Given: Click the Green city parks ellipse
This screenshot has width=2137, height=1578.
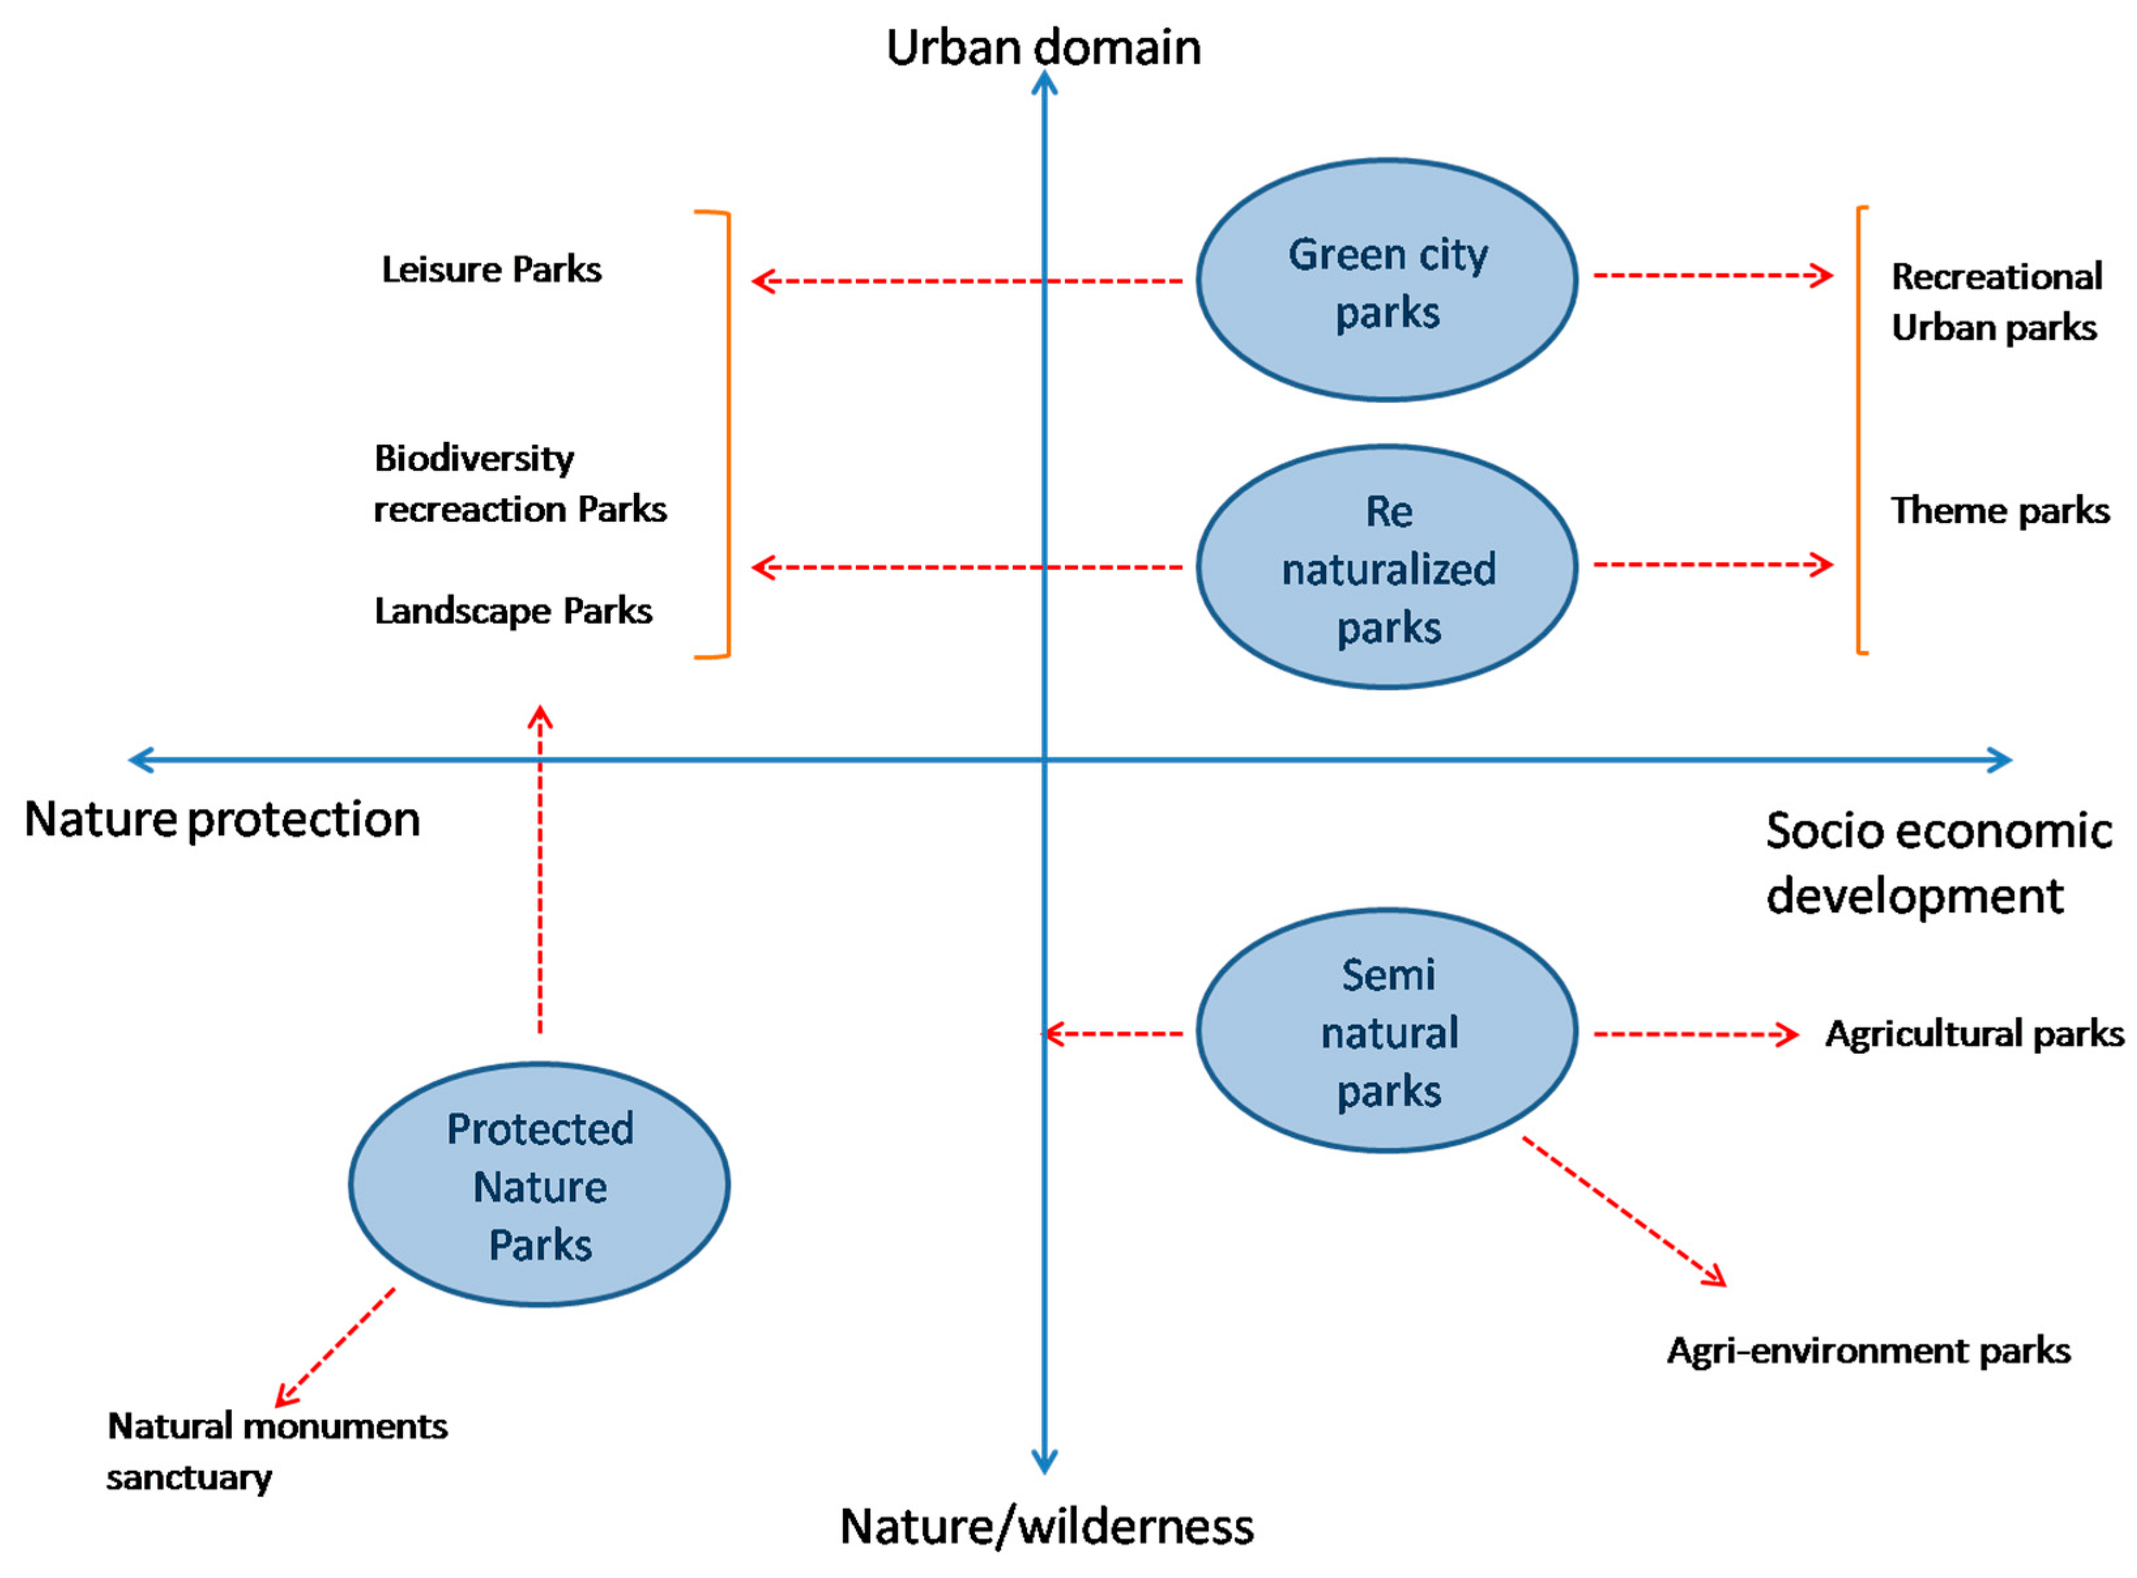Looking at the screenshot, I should pyautogui.click(x=1386, y=281).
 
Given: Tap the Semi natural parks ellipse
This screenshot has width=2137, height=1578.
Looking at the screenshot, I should pyautogui.click(x=1386, y=1032).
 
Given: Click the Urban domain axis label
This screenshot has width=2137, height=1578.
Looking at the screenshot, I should pyautogui.click(x=1043, y=48).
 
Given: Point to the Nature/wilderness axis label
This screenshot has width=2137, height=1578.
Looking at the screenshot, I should pyautogui.click(x=1046, y=1526).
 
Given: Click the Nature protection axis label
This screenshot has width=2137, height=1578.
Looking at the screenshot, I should pyautogui.click(x=221, y=819).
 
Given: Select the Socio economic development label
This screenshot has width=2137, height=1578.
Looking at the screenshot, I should pyautogui.click(x=1937, y=862).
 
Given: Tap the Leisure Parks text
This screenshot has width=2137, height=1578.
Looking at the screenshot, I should pyautogui.click(x=491, y=270).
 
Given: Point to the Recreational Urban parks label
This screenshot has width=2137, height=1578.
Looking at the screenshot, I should pyautogui.click(x=1995, y=302).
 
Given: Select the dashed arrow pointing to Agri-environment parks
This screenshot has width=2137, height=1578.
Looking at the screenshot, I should pyautogui.click(x=1624, y=1211).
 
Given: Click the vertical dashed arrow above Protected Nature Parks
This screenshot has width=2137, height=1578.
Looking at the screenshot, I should pyautogui.click(x=540, y=869).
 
